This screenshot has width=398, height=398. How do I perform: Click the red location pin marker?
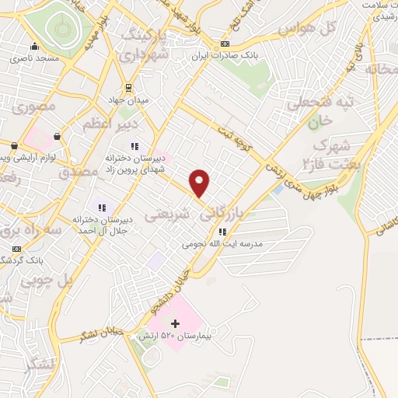pos(201,183)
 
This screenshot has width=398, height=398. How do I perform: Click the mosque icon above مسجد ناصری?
pos(33,46)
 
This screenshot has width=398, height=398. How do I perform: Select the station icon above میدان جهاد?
pos(129,87)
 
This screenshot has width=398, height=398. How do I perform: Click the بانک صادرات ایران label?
pos(225,55)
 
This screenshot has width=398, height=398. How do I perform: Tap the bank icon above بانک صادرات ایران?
pos(225,44)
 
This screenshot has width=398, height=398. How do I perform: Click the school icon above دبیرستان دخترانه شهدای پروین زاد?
pos(134,145)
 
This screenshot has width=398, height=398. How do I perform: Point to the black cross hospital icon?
pos(175,323)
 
